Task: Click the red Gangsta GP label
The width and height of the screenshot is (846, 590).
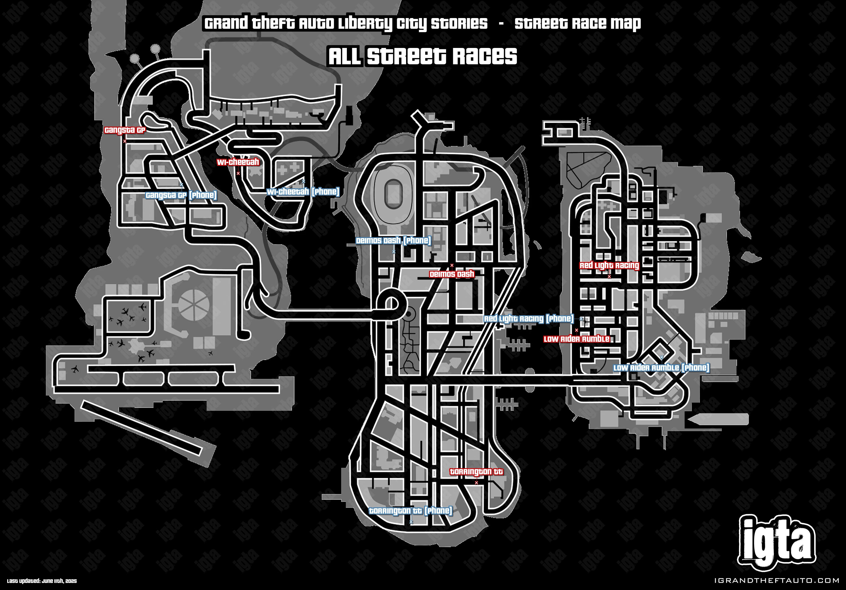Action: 125,130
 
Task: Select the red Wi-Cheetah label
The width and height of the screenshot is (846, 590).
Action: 238,162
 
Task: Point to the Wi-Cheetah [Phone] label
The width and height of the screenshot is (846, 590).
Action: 303,191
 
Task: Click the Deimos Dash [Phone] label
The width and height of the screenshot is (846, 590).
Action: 393,241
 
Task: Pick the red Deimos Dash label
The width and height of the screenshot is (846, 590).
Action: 452,274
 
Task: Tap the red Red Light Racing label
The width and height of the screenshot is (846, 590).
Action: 609,265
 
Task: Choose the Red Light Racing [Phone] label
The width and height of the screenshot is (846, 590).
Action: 529,318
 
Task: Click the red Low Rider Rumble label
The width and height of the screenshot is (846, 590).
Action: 576,339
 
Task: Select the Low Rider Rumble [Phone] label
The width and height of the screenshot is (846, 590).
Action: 661,368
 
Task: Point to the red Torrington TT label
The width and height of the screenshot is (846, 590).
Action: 476,472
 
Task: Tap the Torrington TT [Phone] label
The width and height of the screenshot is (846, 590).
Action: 411,511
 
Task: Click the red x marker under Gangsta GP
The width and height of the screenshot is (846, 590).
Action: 125,141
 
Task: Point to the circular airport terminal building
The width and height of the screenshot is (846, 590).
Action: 194,305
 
